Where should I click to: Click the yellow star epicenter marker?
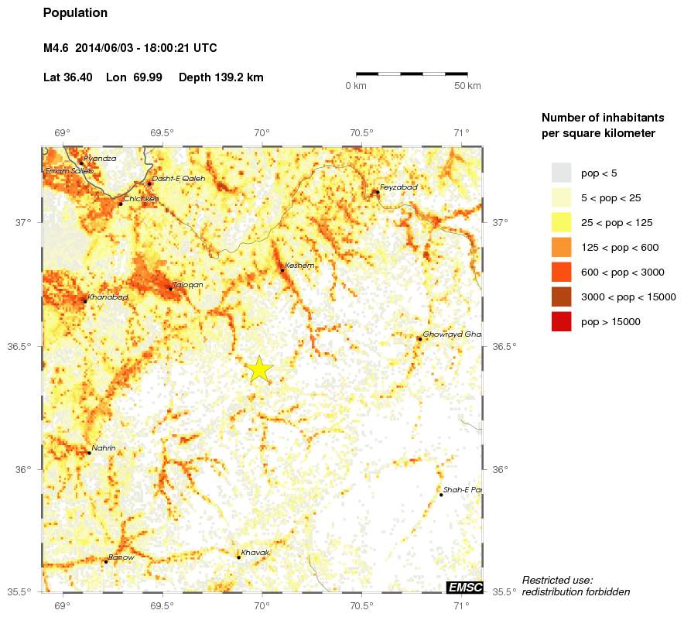259,369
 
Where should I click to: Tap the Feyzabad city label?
398,187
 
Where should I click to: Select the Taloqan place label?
188,285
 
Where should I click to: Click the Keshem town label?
299,266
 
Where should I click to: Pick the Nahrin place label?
104,448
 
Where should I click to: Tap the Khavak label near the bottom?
255,552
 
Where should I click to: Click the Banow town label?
121,557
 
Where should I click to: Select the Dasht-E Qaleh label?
179,178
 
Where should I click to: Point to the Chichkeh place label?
141,198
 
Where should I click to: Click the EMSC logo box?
464,588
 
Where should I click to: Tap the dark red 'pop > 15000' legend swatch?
561,321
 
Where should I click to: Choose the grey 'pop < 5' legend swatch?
561,173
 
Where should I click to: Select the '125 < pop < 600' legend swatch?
561,247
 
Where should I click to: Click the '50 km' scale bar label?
467,85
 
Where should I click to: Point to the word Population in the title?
75,13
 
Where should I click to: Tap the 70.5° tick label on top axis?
361,132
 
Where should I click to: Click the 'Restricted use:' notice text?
557,580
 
